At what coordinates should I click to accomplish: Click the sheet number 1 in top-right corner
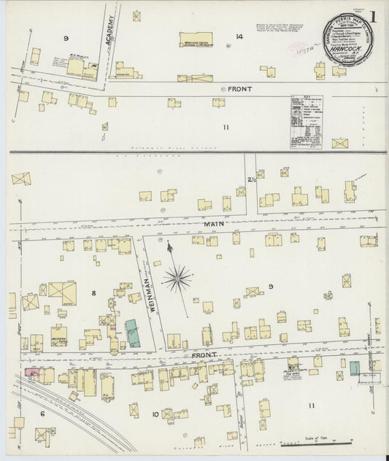point(373,16)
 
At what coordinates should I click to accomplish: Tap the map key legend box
point(307,122)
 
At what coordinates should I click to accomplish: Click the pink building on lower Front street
point(32,373)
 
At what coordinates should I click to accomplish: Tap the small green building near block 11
point(354,368)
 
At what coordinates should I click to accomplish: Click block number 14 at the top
point(239,36)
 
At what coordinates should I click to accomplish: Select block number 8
point(93,293)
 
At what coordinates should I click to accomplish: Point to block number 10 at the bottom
point(154,414)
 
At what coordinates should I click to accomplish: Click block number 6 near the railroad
point(42,414)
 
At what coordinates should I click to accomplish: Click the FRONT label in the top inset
point(240,89)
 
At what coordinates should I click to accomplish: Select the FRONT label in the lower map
point(204,355)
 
